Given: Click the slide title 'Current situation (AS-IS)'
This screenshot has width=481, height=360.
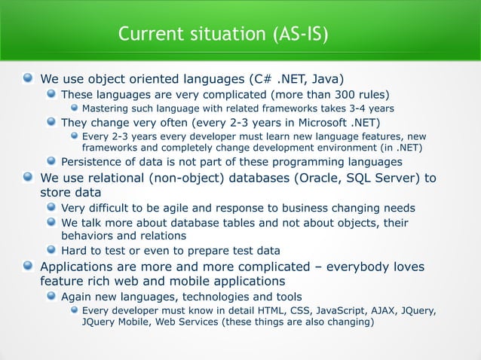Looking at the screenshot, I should (224, 34).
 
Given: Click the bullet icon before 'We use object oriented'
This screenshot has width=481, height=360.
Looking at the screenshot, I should (28, 78).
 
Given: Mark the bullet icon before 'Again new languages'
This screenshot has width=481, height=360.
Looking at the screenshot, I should (51, 296).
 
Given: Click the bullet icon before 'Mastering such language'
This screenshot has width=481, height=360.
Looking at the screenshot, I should (73, 109).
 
